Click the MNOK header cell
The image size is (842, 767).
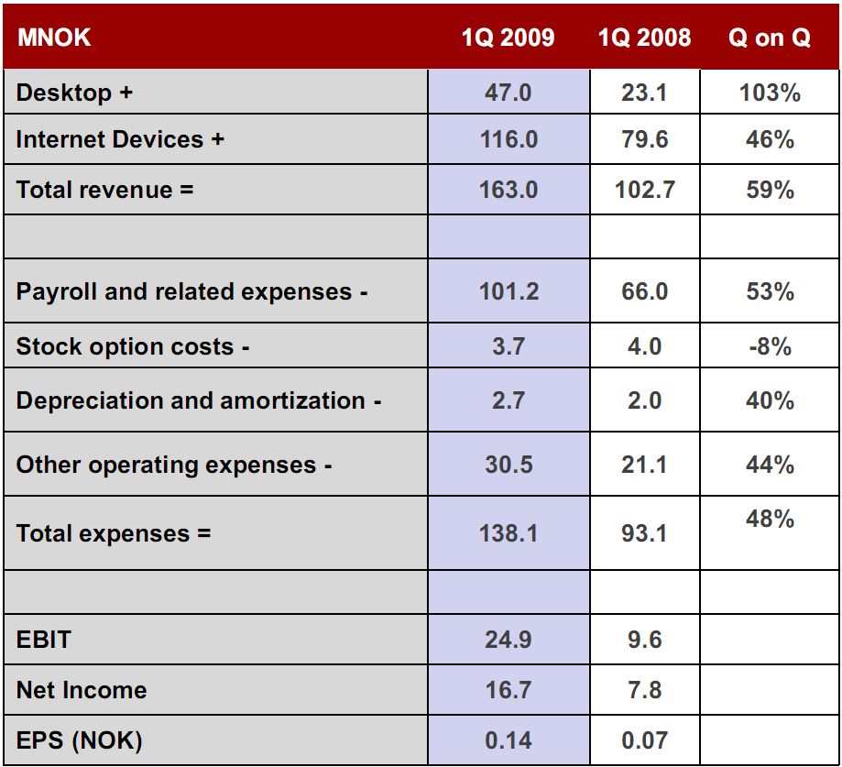(53, 38)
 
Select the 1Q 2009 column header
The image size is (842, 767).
(508, 38)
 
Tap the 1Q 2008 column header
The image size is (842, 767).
(644, 38)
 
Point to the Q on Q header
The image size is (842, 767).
(769, 38)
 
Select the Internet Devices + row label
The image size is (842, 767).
(120, 140)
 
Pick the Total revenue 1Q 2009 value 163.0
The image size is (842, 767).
(508, 190)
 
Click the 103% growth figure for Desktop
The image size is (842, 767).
(769, 93)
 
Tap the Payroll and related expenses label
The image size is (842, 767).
(191, 291)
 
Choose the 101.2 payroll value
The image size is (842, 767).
(508, 291)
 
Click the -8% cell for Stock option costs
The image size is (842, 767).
(769, 346)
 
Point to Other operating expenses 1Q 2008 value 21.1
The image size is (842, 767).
(644, 465)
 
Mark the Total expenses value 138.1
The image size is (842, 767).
(508, 532)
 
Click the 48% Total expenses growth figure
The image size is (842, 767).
(769, 519)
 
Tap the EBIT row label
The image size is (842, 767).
(43, 639)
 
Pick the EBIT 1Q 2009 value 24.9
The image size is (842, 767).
(508, 639)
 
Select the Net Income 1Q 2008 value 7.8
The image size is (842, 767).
(644, 689)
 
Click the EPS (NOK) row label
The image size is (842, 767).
(79, 740)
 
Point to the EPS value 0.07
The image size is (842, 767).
(644, 740)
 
